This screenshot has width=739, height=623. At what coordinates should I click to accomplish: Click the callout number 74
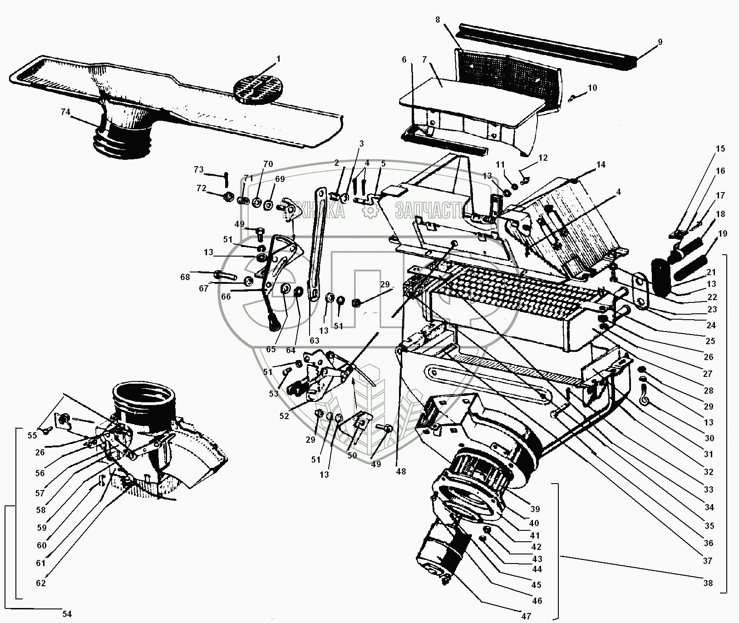[66, 112]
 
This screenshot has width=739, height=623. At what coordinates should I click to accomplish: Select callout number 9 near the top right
[660, 42]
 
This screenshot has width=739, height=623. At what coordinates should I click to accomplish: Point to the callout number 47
[526, 616]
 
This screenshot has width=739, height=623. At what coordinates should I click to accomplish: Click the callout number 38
[708, 583]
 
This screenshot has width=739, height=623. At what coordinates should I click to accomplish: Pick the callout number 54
[67, 614]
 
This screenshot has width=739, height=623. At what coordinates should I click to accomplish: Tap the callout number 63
[315, 340]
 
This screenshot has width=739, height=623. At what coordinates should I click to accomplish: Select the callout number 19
[723, 233]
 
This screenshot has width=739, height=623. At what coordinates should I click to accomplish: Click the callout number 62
[41, 583]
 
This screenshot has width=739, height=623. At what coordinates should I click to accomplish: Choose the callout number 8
[438, 20]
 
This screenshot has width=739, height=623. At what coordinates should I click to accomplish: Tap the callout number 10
[592, 88]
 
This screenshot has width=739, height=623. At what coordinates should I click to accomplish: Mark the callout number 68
[185, 277]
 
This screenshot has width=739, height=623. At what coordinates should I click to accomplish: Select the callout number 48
[400, 471]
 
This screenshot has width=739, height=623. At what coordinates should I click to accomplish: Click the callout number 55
[32, 435]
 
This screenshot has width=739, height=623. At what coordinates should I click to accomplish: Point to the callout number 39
[535, 509]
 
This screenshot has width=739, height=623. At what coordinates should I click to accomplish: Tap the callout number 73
[198, 169]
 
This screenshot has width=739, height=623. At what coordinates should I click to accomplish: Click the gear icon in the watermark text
[371, 211]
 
